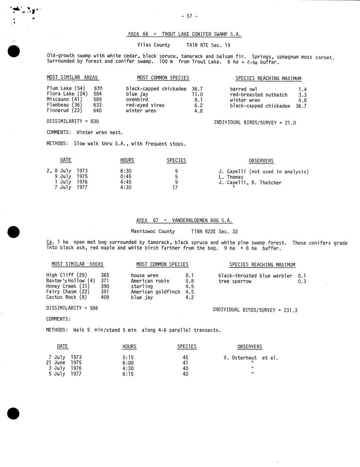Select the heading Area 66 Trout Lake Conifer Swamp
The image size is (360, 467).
pyautogui.click(x=184, y=34)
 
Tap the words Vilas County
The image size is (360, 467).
pyautogui.click(x=153, y=45)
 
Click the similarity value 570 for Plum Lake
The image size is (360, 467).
pyautogui.click(x=98, y=88)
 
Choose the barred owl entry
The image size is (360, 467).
pyautogui.click(x=243, y=89)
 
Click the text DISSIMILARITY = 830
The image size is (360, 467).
pyautogui.click(x=72, y=121)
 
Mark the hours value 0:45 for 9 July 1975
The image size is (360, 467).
pyautogui.click(x=126, y=176)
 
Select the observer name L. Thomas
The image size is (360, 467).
pyautogui.click(x=231, y=177)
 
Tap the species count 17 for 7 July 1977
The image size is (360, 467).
pyautogui.click(x=175, y=188)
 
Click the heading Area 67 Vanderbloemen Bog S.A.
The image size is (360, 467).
pyautogui.click(x=184, y=220)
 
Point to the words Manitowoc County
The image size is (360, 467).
pyautogui.click(x=153, y=232)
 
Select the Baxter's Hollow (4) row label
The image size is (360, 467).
pyautogui.click(x=70, y=281)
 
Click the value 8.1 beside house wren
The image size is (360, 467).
pyautogui.click(x=190, y=276)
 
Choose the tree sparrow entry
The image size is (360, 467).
pyautogui.click(x=235, y=281)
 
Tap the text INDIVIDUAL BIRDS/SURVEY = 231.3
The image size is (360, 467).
pyautogui.click(x=255, y=310)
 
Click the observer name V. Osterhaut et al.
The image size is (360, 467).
pyautogui.click(x=251, y=358)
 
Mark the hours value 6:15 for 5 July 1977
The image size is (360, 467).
pyautogui.click(x=128, y=374)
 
